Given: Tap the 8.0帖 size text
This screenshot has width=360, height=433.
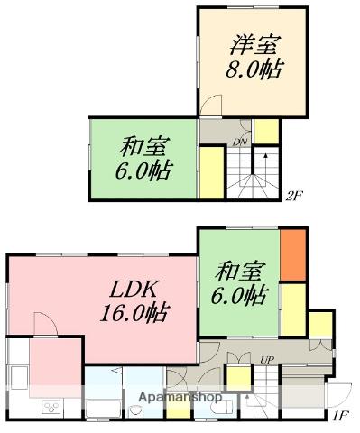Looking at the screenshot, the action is tap(254, 69).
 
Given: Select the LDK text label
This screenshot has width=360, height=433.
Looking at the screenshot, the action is tap(134, 290).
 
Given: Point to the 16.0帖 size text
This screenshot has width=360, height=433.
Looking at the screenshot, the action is tap(135, 313).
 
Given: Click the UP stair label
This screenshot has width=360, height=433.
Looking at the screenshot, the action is tap(267, 359).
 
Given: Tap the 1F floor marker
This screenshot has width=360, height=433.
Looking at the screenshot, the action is tap(340, 416).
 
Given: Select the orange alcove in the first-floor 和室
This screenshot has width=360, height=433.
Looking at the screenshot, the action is tap(293, 255).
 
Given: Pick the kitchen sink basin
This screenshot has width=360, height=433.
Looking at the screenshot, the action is tap(20, 377).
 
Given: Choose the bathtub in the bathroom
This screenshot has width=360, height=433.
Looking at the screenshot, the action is tap(104, 408).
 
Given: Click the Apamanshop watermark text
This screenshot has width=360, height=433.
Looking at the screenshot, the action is tap(180, 397).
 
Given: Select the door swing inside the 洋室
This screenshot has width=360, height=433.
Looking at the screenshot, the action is tap(211, 105).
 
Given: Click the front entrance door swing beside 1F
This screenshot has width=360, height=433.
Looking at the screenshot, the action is tap(338, 394).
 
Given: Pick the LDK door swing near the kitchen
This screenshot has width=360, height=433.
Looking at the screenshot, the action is tap(45, 324).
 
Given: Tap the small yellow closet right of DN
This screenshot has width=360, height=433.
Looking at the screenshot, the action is tap(266, 132).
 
